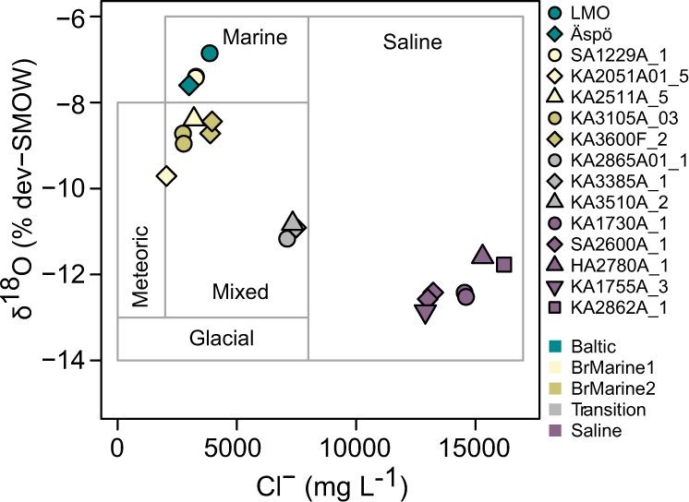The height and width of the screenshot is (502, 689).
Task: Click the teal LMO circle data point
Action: pos(210,54)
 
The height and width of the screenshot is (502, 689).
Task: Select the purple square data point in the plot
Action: pos(504,265)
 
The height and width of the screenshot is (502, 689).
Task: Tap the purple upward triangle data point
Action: pos(482,256)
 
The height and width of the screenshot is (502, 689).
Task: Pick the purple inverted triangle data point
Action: pos(425,314)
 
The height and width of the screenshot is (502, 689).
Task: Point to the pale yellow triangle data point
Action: pos(194,118)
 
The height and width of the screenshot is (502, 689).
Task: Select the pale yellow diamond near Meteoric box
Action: pos(167,175)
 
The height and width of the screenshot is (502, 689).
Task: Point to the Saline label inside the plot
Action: pos(412,42)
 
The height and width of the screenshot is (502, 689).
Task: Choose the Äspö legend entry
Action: pos(590,33)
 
